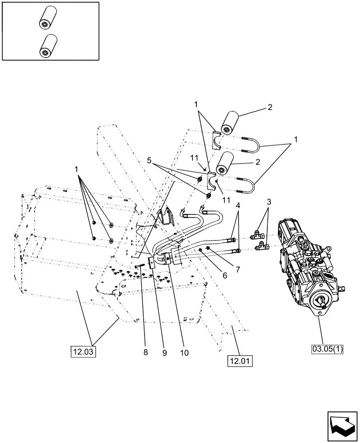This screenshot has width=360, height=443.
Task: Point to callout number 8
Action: [146, 353]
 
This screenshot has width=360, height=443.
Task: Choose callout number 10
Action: [184, 353]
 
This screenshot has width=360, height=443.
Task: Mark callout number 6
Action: [224, 275]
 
